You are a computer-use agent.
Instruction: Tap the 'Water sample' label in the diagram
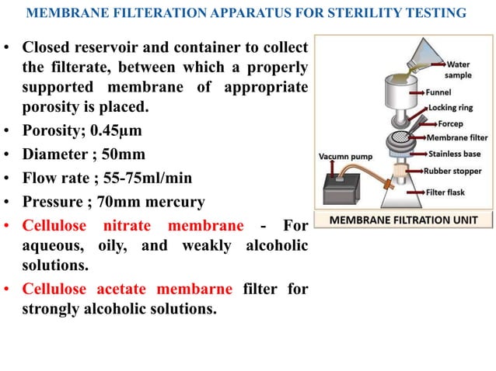458,69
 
